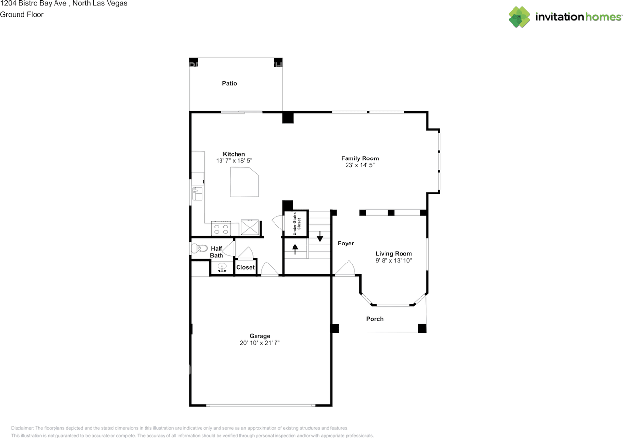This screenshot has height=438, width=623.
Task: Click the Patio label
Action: point(229,83)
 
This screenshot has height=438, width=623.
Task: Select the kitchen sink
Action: point(198,193)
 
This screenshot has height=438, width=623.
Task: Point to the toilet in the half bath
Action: point(200,248)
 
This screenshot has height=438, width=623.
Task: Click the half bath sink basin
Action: point(222,267)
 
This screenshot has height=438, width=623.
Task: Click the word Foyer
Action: point(346,243)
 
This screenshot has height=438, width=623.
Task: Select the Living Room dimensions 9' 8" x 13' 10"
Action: point(393,261)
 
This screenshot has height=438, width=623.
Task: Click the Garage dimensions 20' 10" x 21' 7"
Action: point(259,343)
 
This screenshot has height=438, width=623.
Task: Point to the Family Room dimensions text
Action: point(360,165)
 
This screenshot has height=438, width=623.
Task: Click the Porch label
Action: point(375,319)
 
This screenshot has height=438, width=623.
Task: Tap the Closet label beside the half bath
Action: point(245,267)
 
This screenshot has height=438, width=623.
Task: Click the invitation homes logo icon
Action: point(519,17)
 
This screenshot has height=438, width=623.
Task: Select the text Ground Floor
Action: point(22,14)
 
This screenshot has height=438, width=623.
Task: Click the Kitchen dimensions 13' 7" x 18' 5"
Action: point(234,160)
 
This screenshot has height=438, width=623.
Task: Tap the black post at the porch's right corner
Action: point(422,328)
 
